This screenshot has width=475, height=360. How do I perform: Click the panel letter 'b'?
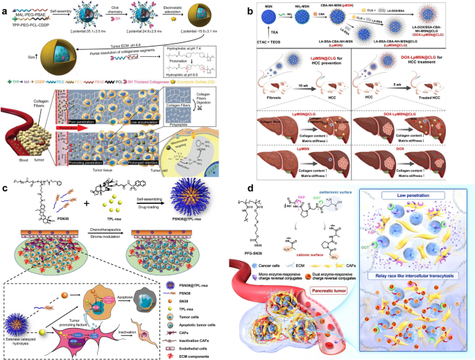[241, 7]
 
